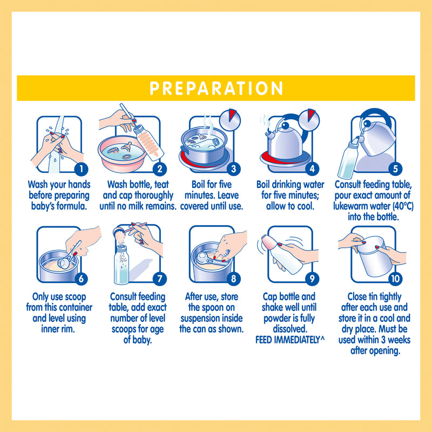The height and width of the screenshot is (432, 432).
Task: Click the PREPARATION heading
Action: click(x=217, y=88)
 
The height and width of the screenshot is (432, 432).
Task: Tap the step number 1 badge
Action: click(x=82, y=169)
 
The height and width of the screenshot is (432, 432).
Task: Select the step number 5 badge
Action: click(x=395, y=169)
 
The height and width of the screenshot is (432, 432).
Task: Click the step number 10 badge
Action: click(x=395, y=279)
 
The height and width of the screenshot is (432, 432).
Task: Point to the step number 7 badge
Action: click(x=160, y=279)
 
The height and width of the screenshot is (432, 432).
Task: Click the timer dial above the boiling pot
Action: click(x=230, y=120)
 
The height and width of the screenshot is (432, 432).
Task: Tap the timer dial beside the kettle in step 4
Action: click(x=309, y=120)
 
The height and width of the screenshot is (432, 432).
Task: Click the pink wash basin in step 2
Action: click(x=122, y=154)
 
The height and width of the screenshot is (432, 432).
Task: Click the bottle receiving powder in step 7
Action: click(x=122, y=265)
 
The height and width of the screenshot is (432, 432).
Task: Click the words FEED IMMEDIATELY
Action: click(x=287, y=340)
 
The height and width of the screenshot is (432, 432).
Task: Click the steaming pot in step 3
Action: click(x=204, y=146)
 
